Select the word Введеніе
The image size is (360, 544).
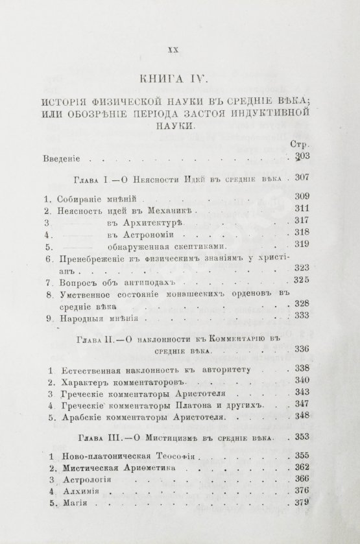tap(66, 158)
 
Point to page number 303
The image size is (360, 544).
tap(303, 158)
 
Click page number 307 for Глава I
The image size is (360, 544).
tap(304, 178)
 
